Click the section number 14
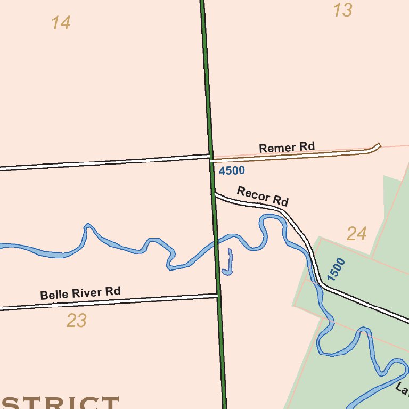(61, 23)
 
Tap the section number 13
(342, 10)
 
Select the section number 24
(356, 233)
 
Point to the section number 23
(77, 321)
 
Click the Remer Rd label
(287, 147)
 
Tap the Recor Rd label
(263, 196)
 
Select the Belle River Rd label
(80, 293)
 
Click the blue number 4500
(232, 170)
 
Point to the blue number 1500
(337, 269)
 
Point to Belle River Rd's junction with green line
(217, 295)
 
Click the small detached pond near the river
(228, 266)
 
